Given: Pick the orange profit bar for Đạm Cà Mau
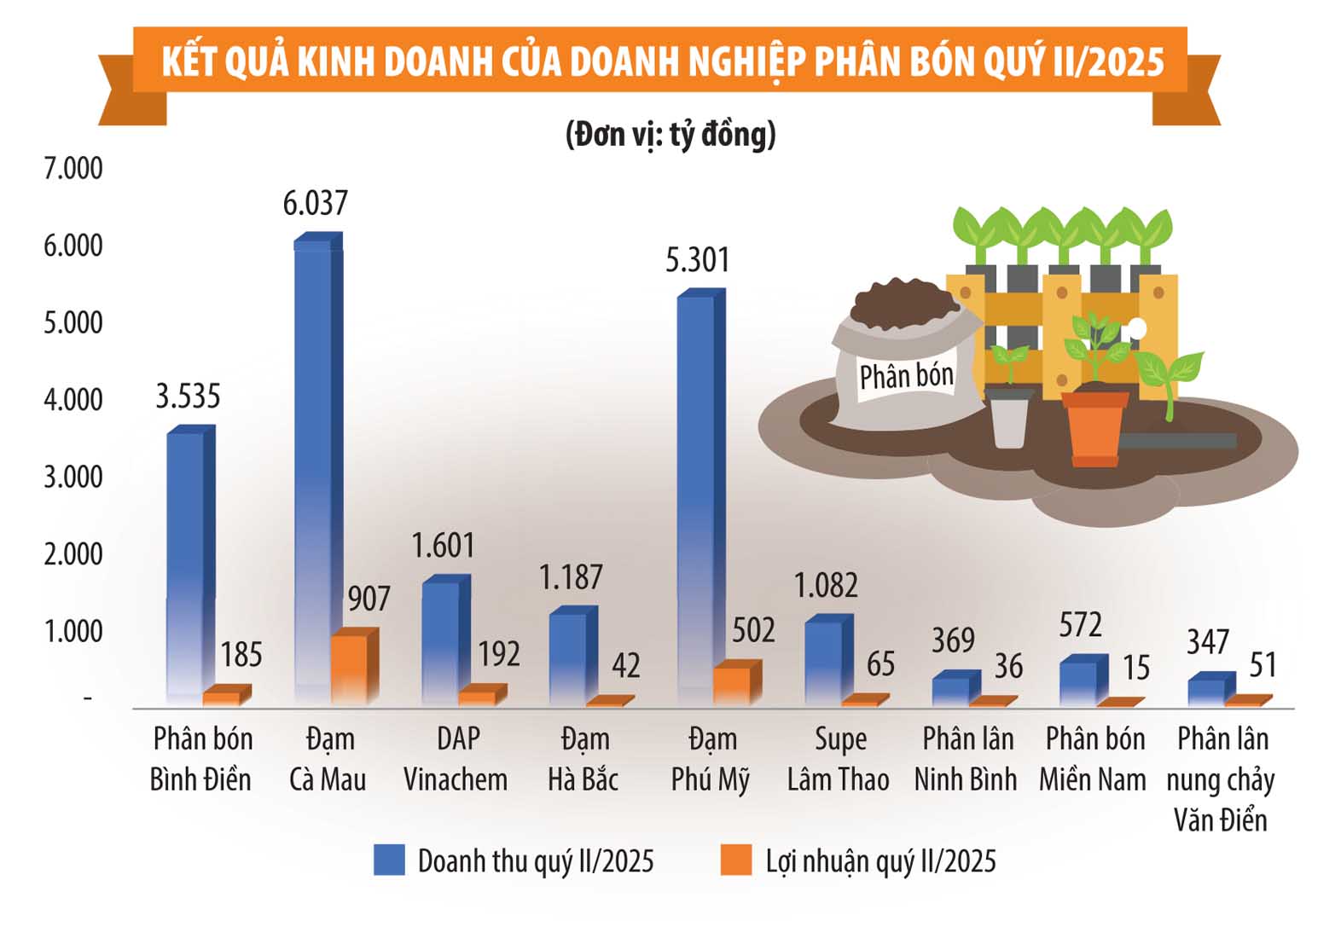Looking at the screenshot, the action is click(x=355, y=666).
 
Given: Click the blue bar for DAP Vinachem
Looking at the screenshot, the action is click(x=446, y=640).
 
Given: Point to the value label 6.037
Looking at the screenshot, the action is click(x=315, y=204).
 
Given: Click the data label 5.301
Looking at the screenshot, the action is click(x=698, y=260).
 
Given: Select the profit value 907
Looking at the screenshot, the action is click(x=369, y=599).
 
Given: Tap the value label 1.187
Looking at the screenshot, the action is click(x=571, y=577).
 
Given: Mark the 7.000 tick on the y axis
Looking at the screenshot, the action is click(x=73, y=169).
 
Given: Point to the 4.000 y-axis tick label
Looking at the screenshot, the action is click(x=73, y=400).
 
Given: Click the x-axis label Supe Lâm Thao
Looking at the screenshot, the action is click(x=838, y=759).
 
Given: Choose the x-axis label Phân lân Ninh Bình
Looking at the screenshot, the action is click(x=966, y=759).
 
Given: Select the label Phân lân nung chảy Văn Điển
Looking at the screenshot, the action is click(x=1221, y=779).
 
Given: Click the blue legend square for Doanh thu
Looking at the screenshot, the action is click(x=389, y=860).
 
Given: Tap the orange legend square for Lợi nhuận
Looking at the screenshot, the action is click(x=735, y=860).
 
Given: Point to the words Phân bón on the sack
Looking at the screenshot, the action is click(x=907, y=376).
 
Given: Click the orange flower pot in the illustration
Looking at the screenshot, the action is click(x=1095, y=428).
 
